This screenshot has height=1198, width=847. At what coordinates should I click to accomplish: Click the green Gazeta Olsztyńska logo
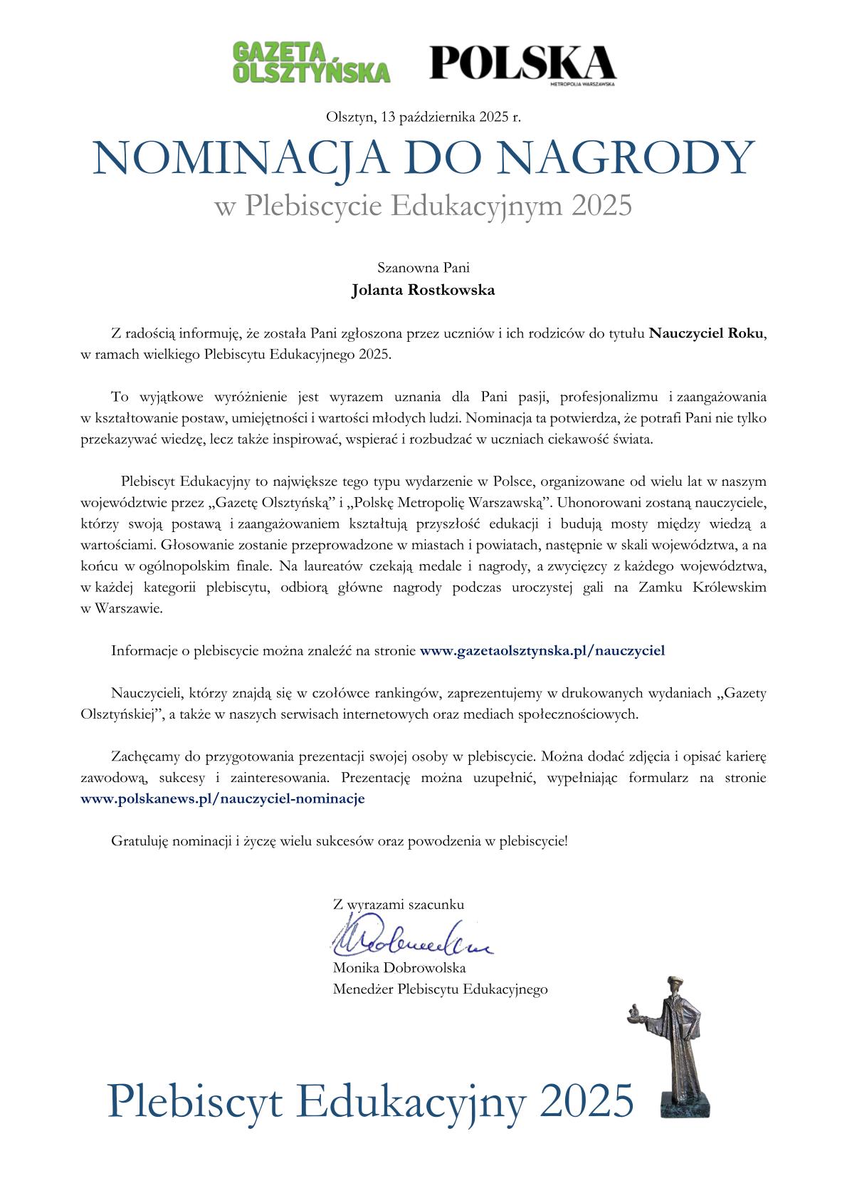[x=312, y=63]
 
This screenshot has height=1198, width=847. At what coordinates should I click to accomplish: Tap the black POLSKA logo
[x=522, y=63]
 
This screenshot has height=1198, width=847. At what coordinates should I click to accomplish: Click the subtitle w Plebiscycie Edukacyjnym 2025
[x=423, y=206]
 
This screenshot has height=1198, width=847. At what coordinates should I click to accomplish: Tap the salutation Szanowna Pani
[x=423, y=269]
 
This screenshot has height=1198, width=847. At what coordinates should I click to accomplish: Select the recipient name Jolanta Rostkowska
[x=423, y=291]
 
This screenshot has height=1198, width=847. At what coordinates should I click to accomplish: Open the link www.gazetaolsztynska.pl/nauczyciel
[x=542, y=650]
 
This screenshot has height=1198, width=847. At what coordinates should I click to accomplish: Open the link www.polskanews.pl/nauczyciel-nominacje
[x=223, y=798]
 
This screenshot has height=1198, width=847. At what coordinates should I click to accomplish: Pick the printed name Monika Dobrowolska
[x=399, y=968]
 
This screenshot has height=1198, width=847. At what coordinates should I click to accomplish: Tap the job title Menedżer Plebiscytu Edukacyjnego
[x=440, y=989]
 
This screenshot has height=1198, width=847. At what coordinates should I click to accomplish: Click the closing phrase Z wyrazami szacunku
[x=399, y=905]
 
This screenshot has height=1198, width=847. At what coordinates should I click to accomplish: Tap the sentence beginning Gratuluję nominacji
[x=339, y=840]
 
